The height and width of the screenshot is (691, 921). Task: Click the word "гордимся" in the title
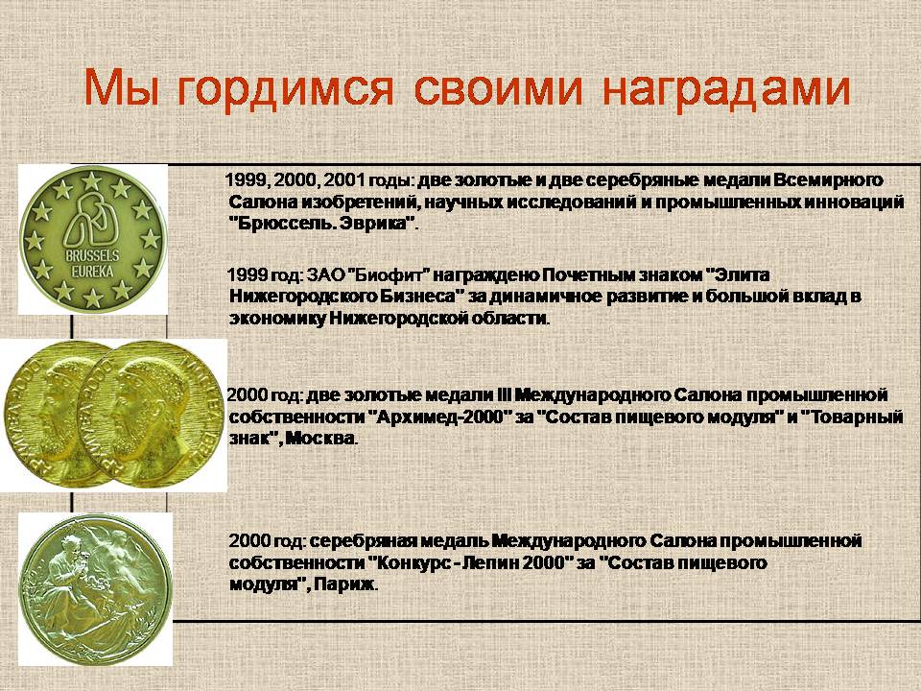coord(285,89)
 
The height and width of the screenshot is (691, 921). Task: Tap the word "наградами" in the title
coord(726,89)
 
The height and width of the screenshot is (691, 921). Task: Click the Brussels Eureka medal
coord(92,239)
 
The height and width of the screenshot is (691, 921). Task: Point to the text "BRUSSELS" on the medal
coord(92,256)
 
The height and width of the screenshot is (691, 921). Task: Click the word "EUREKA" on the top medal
coord(92,272)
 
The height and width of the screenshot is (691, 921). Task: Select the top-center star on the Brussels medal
coord(91,181)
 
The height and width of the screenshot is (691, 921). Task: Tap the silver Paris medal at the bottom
coord(95,588)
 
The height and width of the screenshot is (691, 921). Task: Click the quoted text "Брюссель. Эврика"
coord(323,224)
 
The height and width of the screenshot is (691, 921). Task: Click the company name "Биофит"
coord(390,275)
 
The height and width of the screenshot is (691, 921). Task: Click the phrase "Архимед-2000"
coord(440,417)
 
